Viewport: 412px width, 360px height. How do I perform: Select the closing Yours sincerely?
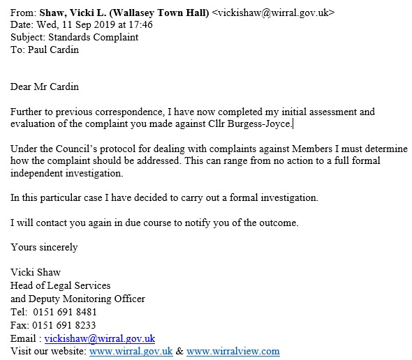coord(44,248)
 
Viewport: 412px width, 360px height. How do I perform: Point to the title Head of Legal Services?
coord(61,285)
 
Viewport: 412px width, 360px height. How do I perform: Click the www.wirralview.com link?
coord(233,351)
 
